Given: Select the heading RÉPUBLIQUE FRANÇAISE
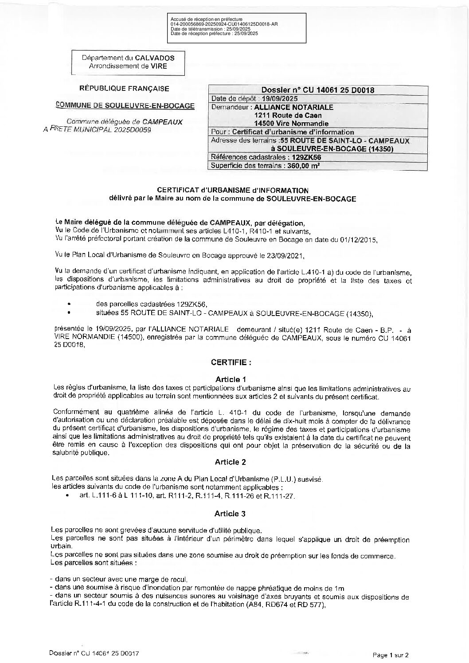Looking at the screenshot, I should point(124,88).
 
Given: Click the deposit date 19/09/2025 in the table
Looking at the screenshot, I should point(279,98).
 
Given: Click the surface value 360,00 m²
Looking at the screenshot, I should point(303,166).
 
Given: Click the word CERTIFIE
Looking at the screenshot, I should point(231,362).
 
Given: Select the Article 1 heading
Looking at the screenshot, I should point(231,379).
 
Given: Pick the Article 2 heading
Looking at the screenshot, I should point(231,462).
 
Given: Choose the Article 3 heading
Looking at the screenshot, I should point(230,514).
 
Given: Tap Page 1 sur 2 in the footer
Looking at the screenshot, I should point(390,654).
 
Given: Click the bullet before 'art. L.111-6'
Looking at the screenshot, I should point(67,496).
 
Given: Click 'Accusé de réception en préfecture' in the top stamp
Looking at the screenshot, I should point(206,19).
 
